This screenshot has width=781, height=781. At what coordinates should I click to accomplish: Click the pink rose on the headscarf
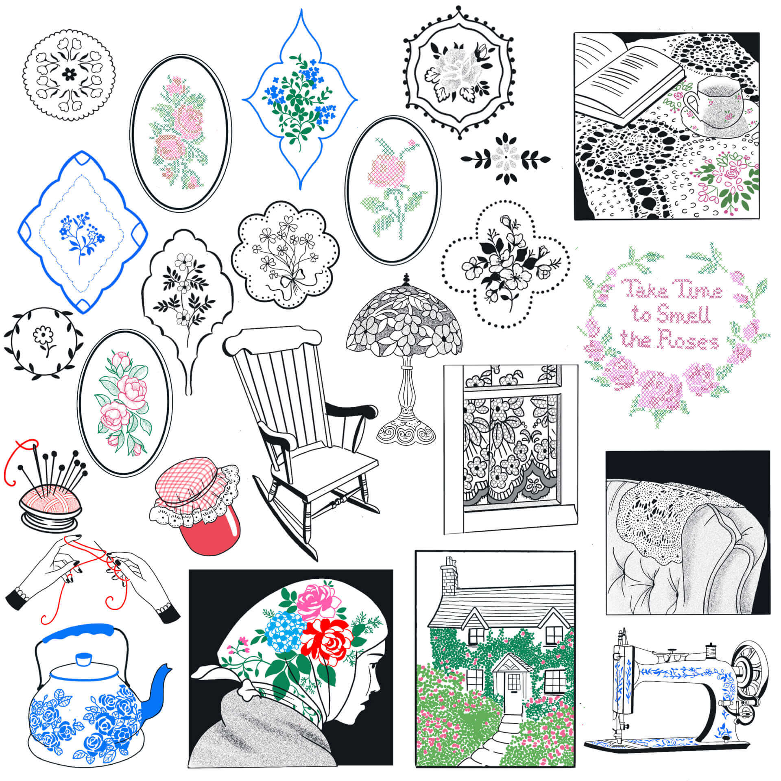(x=317, y=602)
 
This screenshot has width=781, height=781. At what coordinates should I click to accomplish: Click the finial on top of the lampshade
(x=406, y=280)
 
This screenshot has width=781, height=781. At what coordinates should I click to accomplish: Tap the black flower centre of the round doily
(x=69, y=74)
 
